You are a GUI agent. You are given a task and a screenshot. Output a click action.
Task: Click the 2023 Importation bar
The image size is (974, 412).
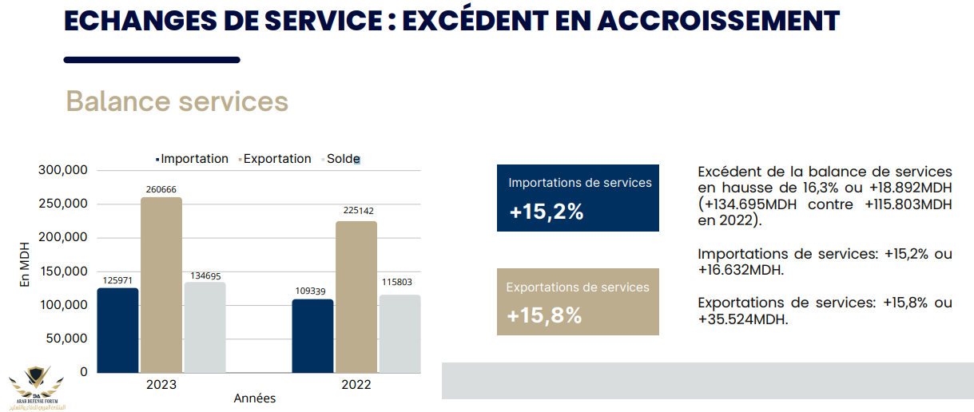pos(117,330)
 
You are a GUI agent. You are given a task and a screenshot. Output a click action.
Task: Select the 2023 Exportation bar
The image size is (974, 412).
pos(161,284)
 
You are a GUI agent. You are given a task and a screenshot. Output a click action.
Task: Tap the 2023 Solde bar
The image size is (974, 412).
pos(205,327)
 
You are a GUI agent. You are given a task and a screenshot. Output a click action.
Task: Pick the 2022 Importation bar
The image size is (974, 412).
pos(312,335)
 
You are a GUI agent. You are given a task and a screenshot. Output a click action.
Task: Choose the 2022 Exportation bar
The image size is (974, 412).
pos(356,296)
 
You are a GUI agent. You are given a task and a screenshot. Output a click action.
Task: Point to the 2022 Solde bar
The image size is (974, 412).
pos(400,333)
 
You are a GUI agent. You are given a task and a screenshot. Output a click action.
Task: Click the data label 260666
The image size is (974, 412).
pos(161,189)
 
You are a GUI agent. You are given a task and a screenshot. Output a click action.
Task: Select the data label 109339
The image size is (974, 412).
pos(312,290)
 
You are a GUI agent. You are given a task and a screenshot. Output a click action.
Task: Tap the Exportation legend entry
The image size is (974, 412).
pos(276,159)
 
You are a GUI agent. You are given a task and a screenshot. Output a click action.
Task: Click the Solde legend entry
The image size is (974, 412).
pos(343,159)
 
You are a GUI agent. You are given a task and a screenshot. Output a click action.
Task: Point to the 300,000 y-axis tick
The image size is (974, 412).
pos(62,170)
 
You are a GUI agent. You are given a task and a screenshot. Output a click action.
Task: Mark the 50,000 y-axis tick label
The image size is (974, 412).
pos(66,339)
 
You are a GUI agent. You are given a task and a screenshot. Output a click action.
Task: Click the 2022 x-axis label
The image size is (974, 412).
pos(356,384)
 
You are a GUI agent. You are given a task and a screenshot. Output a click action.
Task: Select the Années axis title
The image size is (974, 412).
pos(255,398)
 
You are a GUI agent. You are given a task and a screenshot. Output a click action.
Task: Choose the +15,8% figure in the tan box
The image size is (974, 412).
pos(544,315)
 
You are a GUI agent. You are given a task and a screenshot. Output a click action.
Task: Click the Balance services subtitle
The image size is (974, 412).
pos(177,101)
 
